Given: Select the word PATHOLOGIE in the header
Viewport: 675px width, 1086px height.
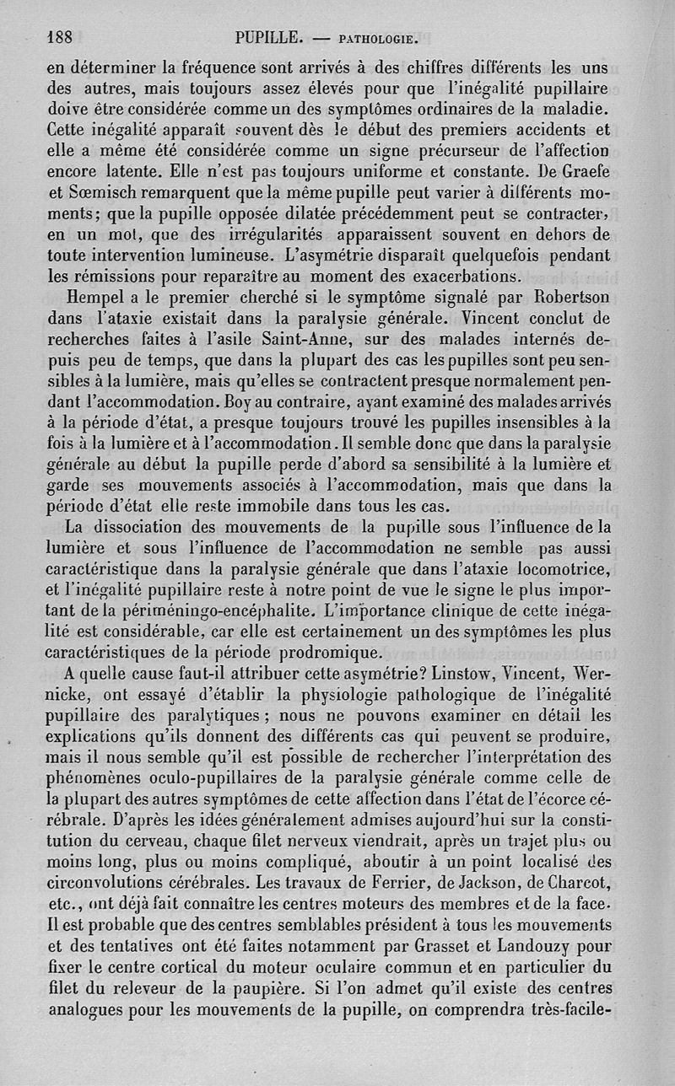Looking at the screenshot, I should click(x=376, y=38).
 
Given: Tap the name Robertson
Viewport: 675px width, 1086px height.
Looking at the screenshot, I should click(x=566, y=299).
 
